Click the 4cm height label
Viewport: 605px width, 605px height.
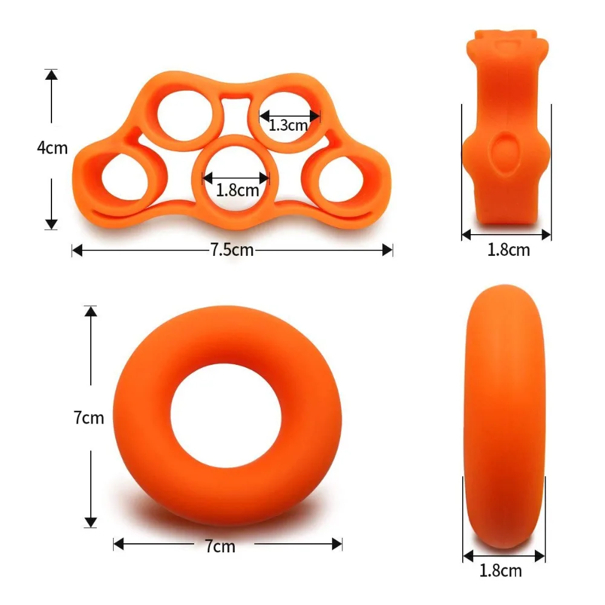pyautogui.click(x=52, y=148)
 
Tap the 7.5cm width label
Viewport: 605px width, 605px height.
pyautogui.click(x=232, y=250)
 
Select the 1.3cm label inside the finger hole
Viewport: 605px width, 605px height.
pyautogui.click(x=289, y=125)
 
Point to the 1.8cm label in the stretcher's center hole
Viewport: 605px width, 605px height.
pyautogui.click(x=238, y=190)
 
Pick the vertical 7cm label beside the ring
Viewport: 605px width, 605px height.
pyautogui.click(x=89, y=417)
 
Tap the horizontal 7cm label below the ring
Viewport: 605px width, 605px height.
pyautogui.click(x=220, y=546)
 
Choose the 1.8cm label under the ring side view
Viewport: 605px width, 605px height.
pyautogui.click(x=500, y=570)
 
